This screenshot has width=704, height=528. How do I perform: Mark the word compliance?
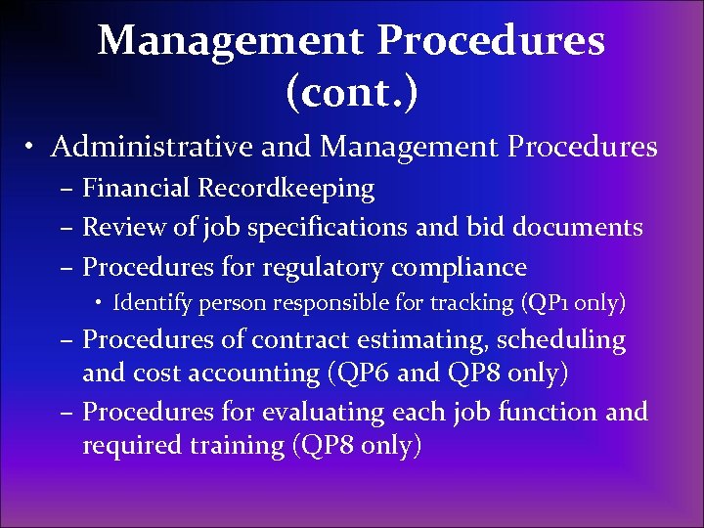(x=460, y=267)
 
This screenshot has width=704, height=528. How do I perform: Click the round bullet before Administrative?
(x=32, y=149)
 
